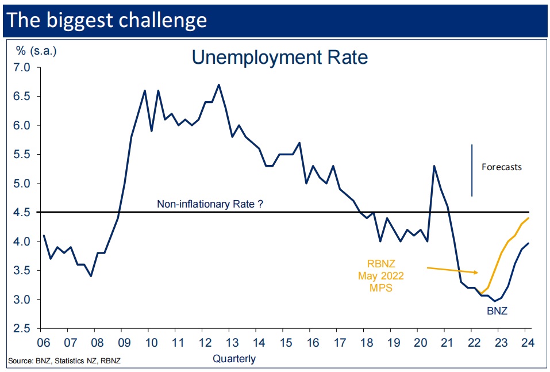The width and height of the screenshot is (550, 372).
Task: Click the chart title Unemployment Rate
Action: (279, 57)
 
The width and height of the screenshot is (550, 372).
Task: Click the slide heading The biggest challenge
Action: (107, 20)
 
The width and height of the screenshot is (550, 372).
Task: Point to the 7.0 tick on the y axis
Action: (25, 67)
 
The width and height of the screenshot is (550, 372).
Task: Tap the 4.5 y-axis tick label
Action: (25, 212)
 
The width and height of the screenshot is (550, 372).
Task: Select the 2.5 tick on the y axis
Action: (25, 328)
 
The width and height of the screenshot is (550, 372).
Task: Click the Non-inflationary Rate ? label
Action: (210, 204)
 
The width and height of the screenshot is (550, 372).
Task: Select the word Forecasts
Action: (502, 167)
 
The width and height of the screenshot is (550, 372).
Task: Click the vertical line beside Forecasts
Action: (472, 170)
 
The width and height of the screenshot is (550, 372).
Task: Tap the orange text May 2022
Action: (381, 276)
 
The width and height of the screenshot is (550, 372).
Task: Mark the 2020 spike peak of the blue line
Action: (434, 166)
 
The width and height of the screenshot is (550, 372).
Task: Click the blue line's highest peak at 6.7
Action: (218, 85)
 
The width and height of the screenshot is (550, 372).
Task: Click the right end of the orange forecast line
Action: (528, 218)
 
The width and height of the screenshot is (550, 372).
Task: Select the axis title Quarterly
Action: (234, 359)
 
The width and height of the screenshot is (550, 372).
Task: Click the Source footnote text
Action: (64, 361)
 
